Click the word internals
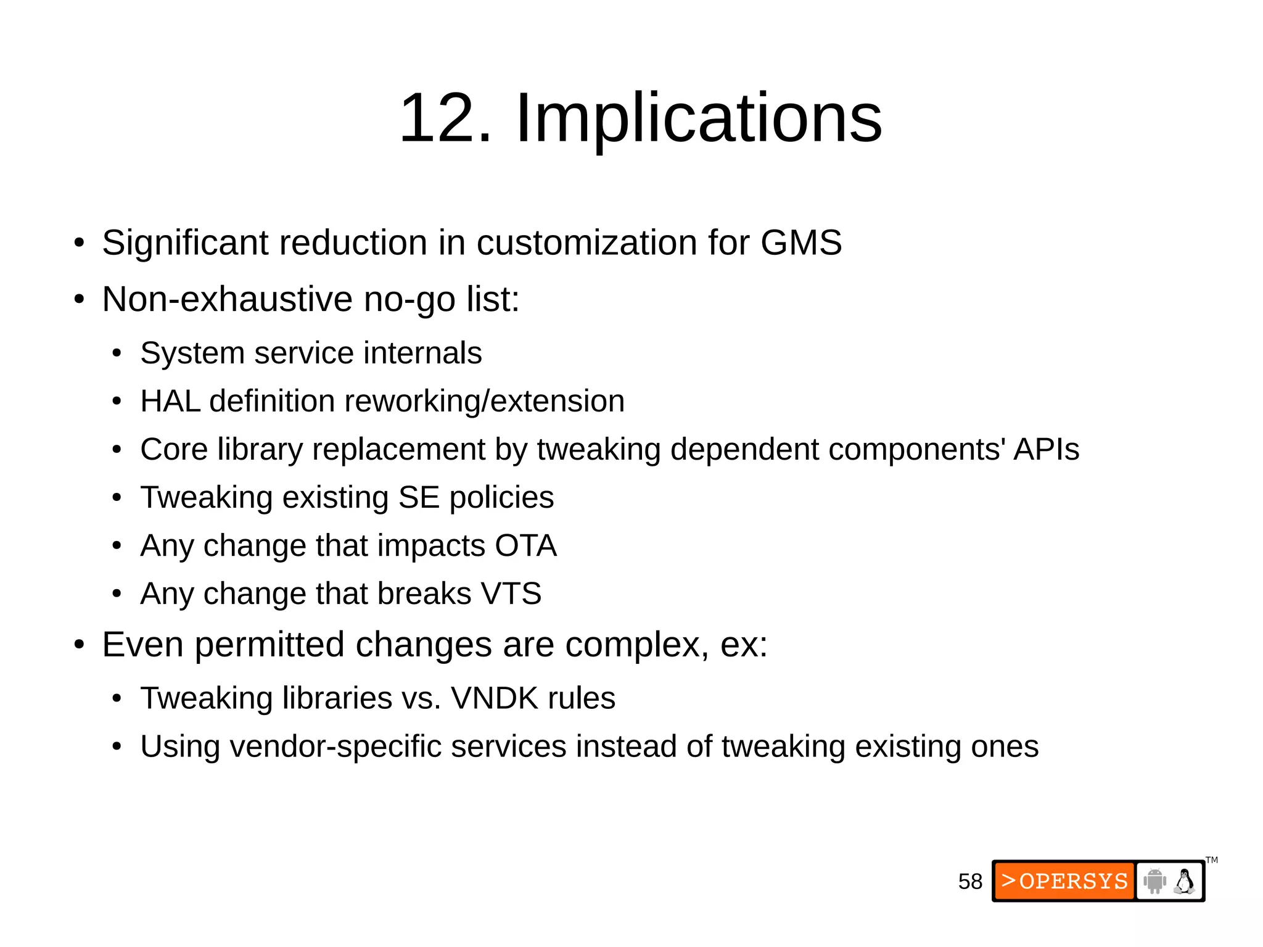[422, 354]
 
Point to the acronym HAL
[170, 401]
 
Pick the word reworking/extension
[484, 402]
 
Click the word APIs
[1046, 449]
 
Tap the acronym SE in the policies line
[418, 497]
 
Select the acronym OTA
[525, 545]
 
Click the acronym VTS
[511, 593]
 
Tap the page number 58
[970, 882]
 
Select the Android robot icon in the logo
[1154, 881]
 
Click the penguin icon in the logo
[1184, 881]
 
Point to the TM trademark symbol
[1212, 860]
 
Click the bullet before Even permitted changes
[78, 645]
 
